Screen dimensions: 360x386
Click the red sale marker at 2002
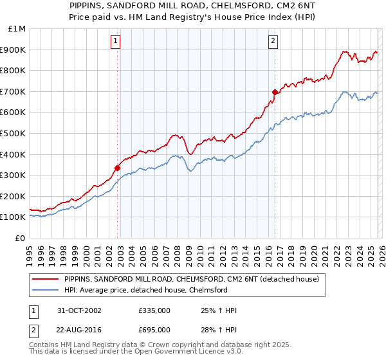[118, 168]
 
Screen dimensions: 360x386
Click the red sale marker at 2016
[275, 93]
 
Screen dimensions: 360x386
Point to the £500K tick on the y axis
[14, 133]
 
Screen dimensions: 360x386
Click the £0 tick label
[21, 238]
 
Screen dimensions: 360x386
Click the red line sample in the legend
[46, 280]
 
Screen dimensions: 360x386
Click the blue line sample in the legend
[46, 290]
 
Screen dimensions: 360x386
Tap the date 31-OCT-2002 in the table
[78, 310]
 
